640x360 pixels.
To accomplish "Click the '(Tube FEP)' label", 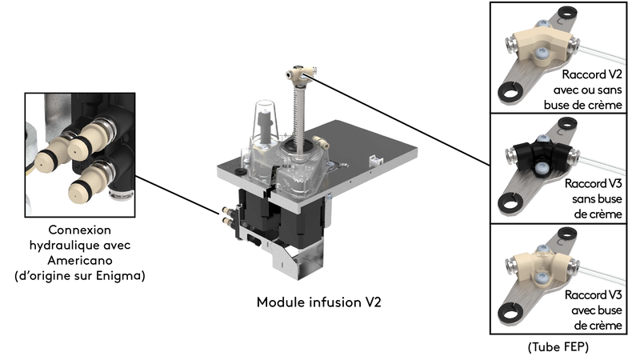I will tap(558, 348).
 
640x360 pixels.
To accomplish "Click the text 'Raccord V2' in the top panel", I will tap(590, 74).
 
